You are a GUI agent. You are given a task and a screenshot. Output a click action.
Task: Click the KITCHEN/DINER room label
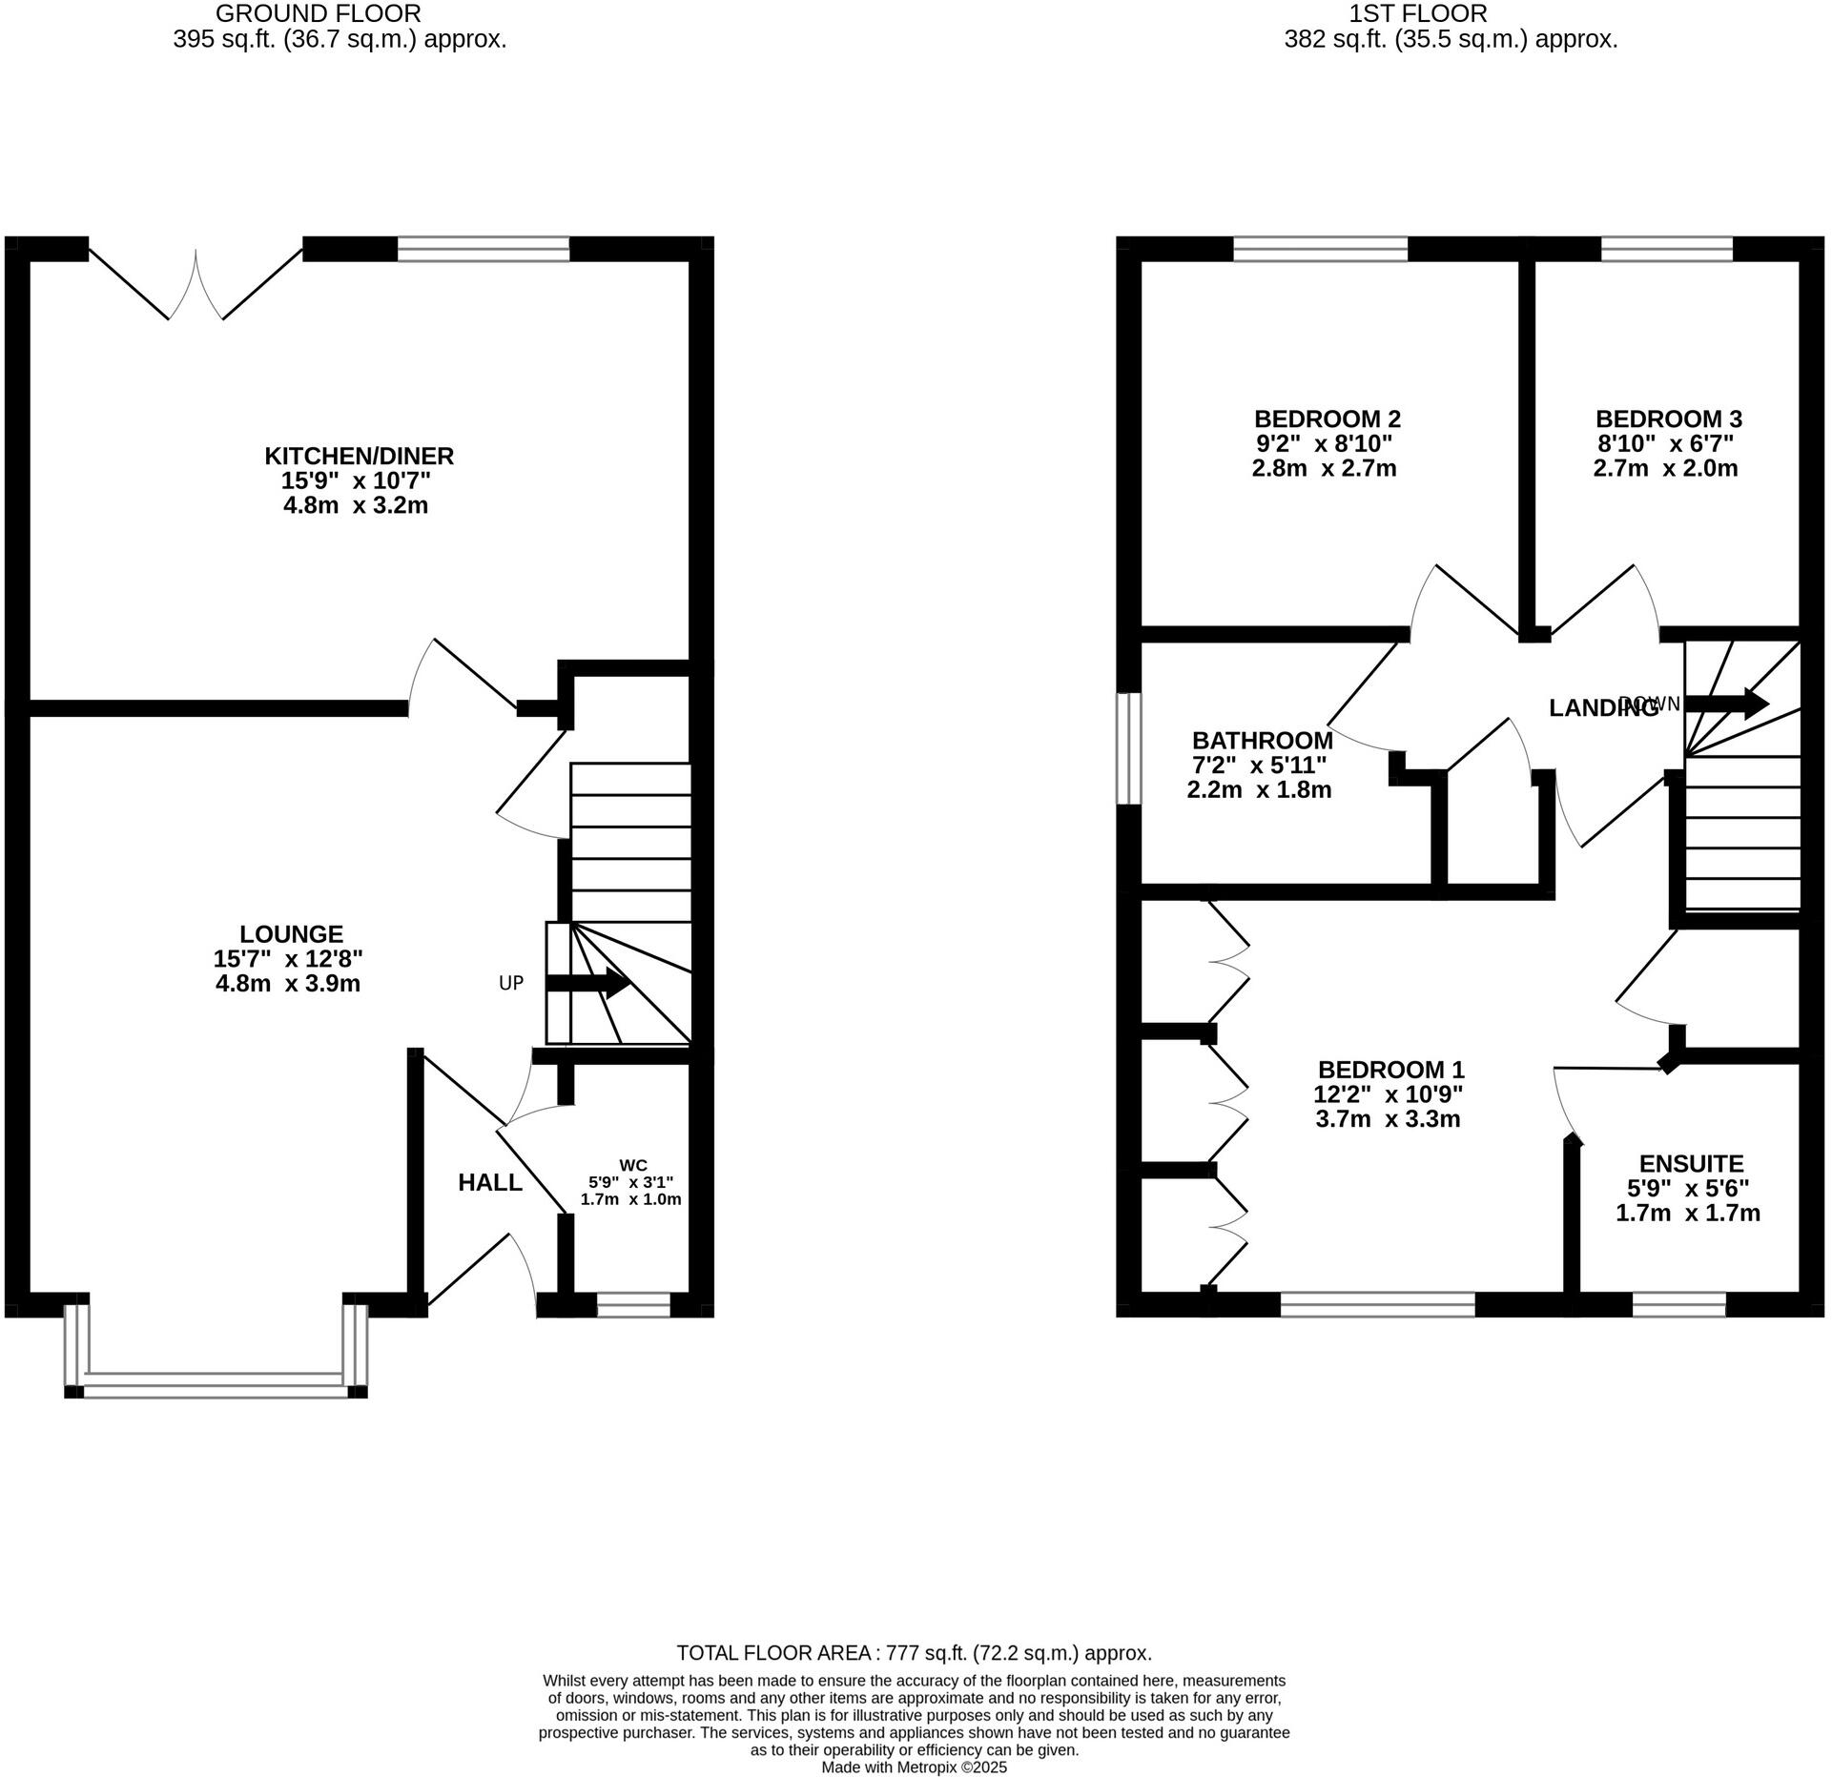tap(359, 456)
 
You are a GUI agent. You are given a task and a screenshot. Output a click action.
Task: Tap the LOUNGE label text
tap(291, 934)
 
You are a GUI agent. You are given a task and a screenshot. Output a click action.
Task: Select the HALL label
tap(490, 1183)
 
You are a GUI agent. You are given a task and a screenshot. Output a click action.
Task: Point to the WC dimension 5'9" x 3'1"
tap(630, 1181)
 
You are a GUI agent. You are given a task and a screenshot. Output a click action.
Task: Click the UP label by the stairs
tap(511, 983)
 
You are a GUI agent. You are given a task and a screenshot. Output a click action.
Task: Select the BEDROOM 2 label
tap(1327, 419)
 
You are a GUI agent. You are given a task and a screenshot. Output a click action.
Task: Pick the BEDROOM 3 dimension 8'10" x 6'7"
tap(1664, 443)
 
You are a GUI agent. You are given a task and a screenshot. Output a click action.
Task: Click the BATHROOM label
tap(1262, 740)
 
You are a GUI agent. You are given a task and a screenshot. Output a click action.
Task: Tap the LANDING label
tap(1602, 707)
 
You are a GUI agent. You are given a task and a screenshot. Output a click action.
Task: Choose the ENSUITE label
tap(1691, 1163)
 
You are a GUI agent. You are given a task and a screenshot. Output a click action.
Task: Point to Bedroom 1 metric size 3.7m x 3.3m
tap(1388, 1119)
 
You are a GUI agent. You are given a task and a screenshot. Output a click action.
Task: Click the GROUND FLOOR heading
tap(319, 13)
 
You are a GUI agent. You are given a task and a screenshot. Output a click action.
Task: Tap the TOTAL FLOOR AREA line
tap(914, 1652)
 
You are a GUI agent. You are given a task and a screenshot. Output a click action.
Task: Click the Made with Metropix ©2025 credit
tap(914, 1767)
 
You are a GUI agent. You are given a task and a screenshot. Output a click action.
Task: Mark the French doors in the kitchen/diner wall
tap(196, 281)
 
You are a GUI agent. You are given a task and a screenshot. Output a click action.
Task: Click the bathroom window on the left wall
tap(1129, 748)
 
